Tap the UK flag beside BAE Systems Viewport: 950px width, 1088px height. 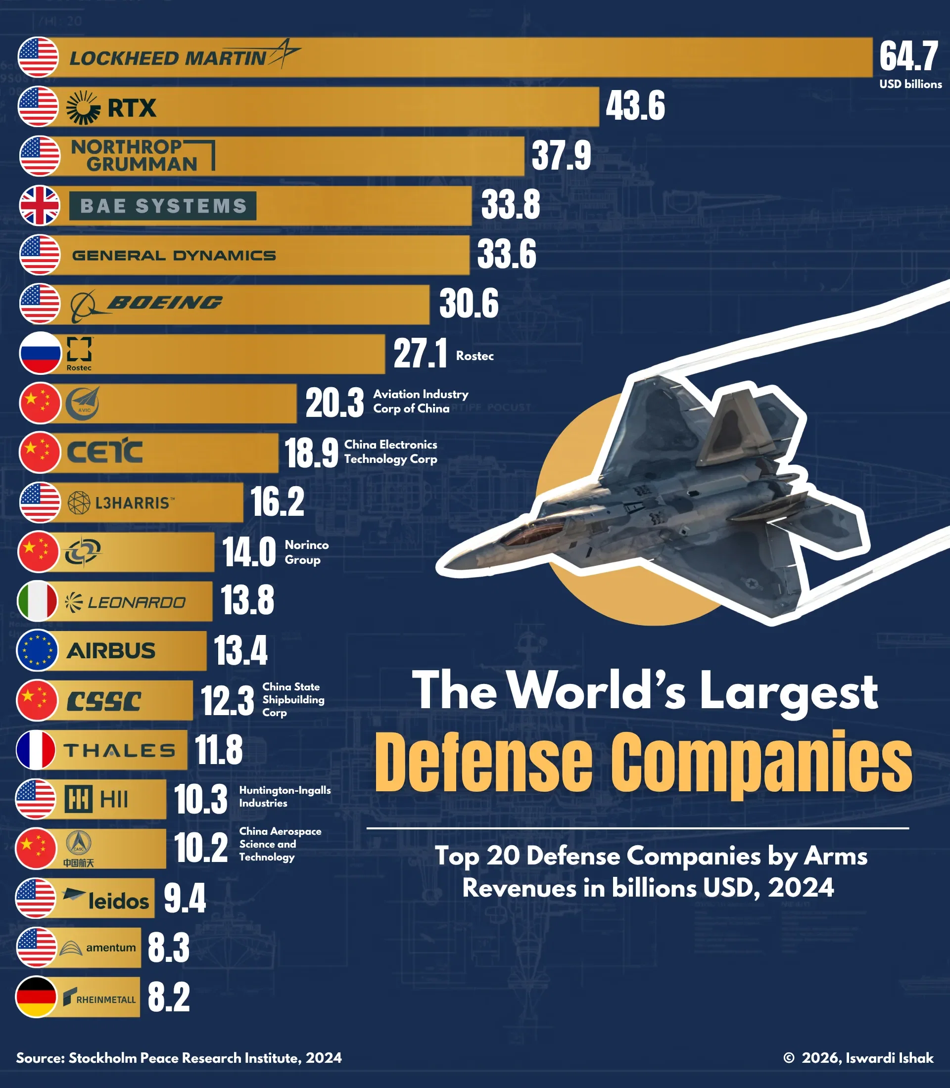tap(39, 206)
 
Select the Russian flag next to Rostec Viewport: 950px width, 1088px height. tap(39, 353)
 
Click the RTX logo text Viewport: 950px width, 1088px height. tap(131, 108)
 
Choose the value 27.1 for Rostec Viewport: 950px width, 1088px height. tap(420, 354)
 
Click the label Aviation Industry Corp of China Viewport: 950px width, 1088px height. tap(421, 401)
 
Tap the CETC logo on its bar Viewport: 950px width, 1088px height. tap(104, 452)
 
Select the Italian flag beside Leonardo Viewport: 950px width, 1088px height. tap(38, 601)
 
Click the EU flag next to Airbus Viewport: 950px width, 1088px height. tap(37, 650)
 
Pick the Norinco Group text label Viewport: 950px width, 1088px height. tap(306, 552)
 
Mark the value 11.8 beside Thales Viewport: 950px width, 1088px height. tap(219, 750)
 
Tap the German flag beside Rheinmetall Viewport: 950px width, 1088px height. tap(36, 997)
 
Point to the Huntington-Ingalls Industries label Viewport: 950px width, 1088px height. tap(285, 796)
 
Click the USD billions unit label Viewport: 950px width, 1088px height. tap(910, 84)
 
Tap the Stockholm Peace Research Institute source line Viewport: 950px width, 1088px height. tap(179, 1058)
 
